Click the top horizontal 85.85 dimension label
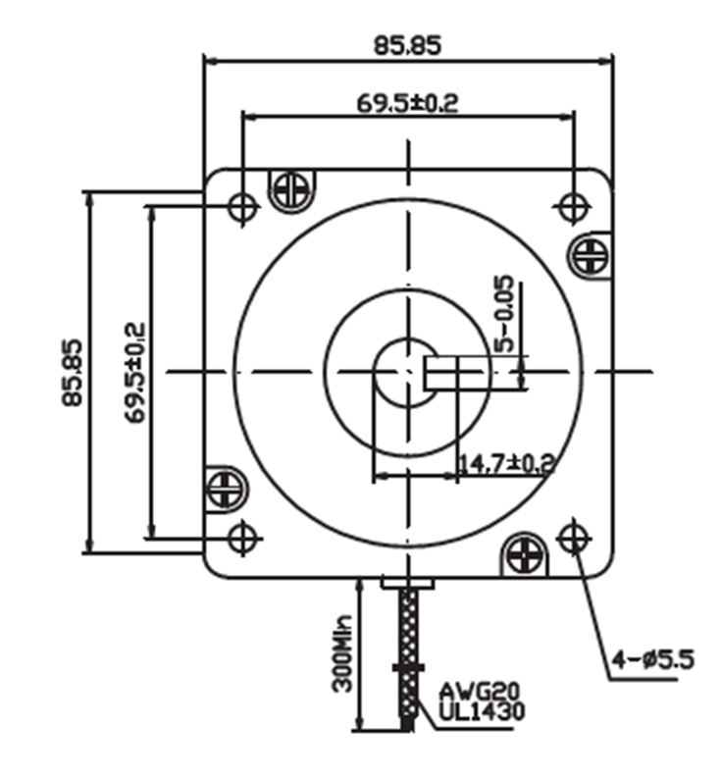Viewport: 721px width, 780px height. coord(407,44)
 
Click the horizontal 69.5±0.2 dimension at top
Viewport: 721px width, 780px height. coord(406,101)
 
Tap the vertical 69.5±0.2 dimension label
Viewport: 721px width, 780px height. coord(134,373)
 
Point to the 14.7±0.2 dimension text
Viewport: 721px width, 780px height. coord(505,461)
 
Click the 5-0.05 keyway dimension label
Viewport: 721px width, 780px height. coord(503,313)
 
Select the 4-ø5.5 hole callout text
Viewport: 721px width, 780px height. coord(653,659)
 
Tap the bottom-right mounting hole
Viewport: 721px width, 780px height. coord(572,537)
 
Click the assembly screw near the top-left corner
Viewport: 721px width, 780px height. coord(291,188)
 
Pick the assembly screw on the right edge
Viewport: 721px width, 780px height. coord(591,255)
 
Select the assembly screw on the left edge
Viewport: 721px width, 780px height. coord(225,488)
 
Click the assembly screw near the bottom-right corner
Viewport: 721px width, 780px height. coord(524,554)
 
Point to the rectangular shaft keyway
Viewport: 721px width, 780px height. coord(455,372)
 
